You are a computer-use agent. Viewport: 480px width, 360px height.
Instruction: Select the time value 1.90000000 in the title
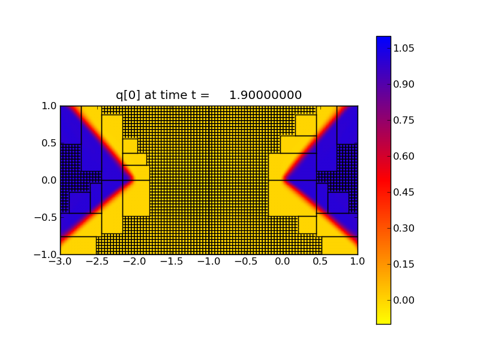point(265,95)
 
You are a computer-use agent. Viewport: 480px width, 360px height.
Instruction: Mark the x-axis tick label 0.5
point(320,262)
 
